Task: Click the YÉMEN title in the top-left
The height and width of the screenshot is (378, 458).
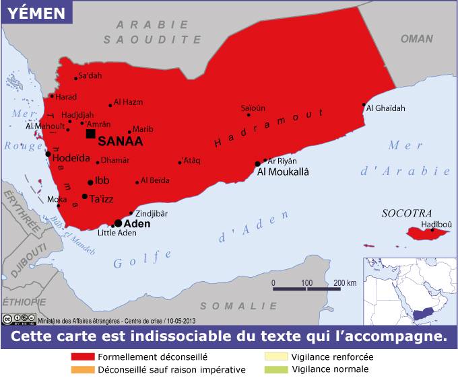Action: coord(37,13)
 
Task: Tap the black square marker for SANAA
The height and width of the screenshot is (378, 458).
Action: coord(90,134)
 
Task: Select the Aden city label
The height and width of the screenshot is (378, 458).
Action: coord(137,223)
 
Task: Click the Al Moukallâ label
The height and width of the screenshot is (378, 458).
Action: coord(283,172)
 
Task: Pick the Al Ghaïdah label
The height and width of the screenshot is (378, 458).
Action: coord(386,107)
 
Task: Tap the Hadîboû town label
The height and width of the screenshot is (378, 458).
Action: coord(436,224)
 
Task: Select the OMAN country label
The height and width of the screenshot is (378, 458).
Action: coord(417,38)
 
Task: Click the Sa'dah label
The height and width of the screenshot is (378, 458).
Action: coord(90,75)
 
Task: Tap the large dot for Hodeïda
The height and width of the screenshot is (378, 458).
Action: coord(48,154)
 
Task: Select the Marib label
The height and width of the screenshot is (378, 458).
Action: coord(143,129)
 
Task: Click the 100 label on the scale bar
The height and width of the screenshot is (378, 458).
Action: coord(306,282)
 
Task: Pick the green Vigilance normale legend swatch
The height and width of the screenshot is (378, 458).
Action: coord(276,369)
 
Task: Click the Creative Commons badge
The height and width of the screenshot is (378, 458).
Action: coord(19,319)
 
